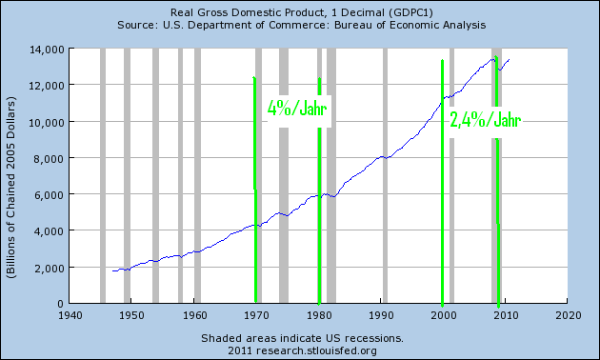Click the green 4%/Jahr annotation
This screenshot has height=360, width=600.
coord(297,109)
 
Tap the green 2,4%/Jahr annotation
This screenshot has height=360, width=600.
coord(485,121)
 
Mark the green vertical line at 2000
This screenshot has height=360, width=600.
coord(443,181)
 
